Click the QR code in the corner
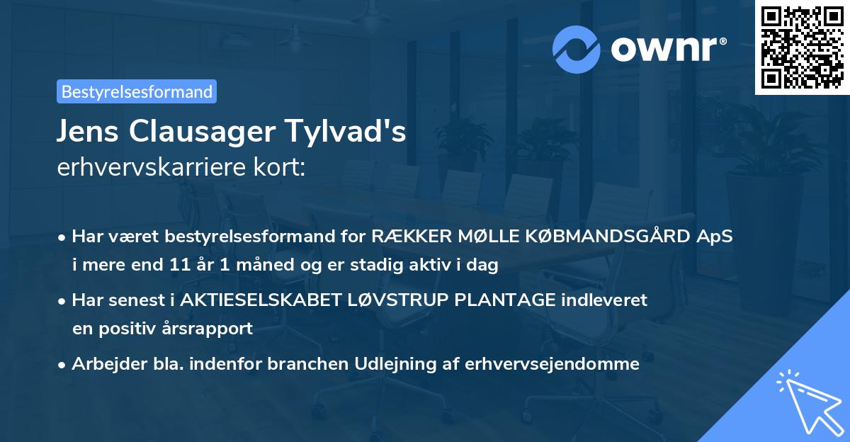click(801, 47)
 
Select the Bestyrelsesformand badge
click(137, 91)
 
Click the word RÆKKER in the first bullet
click(409, 237)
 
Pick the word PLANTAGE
click(505, 300)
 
